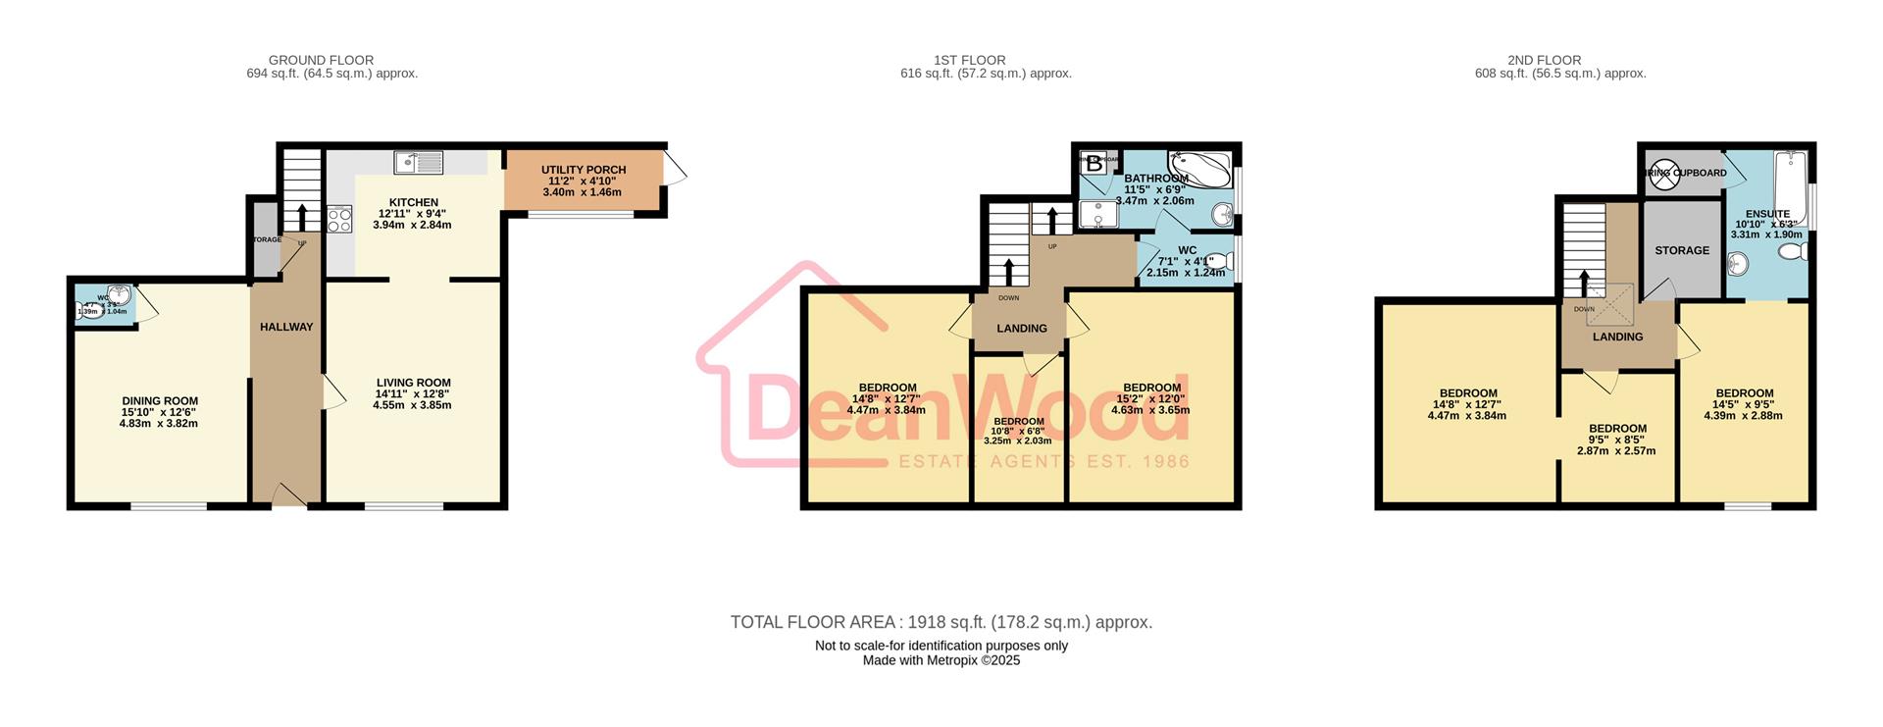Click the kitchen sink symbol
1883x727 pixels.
pyautogui.click(x=420, y=162)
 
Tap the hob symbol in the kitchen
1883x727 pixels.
pyautogui.click(x=339, y=220)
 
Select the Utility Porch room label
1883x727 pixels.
pyautogui.click(x=583, y=182)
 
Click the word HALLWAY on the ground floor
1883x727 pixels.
pyautogui.click(x=286, y=327)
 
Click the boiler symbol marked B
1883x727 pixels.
pyautogui.click(x=1094, y=165)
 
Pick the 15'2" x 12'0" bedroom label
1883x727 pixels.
pyautogui.click(x=1151, y=398)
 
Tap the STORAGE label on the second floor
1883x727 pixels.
pyautogui.click(x=1682, y=250)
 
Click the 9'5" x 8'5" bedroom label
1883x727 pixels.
pyautogui.click(x=1617, y=440)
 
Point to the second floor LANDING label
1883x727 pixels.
pyautogui.click(x=1617, y=337)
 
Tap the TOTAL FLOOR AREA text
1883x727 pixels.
pyautogui.click(x=941, y=622)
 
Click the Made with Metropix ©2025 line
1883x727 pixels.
pyautogui.click(x=941, y=660)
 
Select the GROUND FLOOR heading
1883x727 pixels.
pyautogui.click(x=321, y=60)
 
